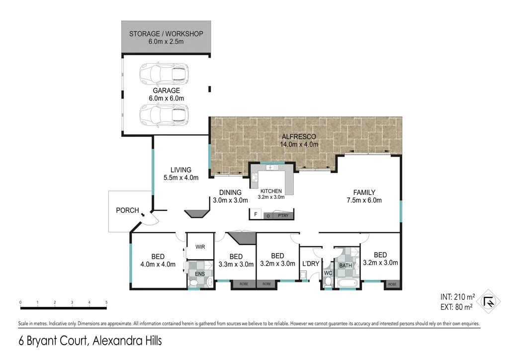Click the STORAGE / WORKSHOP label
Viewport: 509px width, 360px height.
tap(166, 34)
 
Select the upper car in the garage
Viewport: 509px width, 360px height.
tap(164, 73)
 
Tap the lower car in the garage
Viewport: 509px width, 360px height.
tap(164, 115)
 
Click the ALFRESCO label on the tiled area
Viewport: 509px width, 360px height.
tap(298, 136)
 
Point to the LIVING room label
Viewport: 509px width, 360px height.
tap(181, 170)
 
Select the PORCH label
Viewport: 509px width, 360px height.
tap(127, 210)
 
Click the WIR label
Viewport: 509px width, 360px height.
tap(201, 247)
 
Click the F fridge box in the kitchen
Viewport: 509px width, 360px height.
tap(255, 215)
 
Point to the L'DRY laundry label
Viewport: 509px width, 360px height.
tap(310, 264)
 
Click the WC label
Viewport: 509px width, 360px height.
tap(327, 273)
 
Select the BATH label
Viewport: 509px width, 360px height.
tap(345, 266)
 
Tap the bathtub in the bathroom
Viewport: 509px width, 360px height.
tap(346, 283)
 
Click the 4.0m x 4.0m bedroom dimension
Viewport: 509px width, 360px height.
tap(158, 265)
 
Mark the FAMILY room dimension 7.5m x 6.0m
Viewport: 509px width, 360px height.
tap(364, 200)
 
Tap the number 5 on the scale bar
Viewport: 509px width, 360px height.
tap(106, 302)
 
